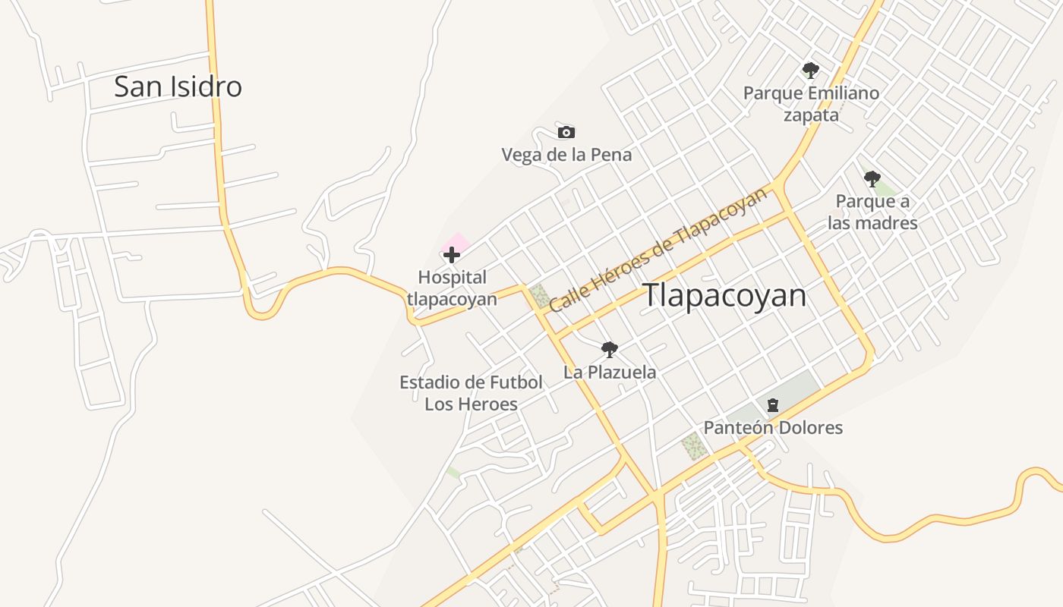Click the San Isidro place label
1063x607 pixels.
click(x=178, y=86)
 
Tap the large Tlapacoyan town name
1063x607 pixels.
click(x=725, y=295)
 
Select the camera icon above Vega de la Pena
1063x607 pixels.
click(x=566, y=133)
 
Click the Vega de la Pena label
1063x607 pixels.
click(x=566, y=155)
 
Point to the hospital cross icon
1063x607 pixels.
click(x=452, y=255)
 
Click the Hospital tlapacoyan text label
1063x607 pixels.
click(x=452, y=288)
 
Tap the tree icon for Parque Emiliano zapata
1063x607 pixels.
click(x=810, y=71)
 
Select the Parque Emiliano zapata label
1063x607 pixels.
click(x=811, y=104)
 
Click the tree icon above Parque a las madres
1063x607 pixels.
click(x=872, y=179)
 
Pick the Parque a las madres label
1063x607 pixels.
click(x=872, y=212)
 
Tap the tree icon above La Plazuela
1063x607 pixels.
click(x=609, y=350)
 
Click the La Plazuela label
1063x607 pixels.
click(x=610, y=373)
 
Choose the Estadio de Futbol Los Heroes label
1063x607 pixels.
click(x=471, y=393)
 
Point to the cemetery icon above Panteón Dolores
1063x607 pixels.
click(x=773, y=405)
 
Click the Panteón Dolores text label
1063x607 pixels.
click(x=773, y=428)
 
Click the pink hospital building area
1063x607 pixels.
click(x=457, y=243)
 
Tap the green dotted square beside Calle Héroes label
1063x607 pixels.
click(x=540, y=295)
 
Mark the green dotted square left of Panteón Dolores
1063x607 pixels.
click(x=694, y=447)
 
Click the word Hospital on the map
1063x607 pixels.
click(x=452, y=278)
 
